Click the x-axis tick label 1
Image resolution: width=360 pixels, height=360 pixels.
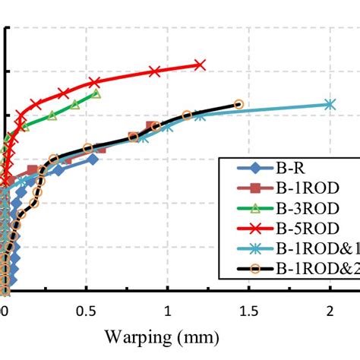(167, 311)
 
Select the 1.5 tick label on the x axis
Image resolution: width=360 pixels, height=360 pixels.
(248, 311)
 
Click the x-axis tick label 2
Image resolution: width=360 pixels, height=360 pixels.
(330, 311)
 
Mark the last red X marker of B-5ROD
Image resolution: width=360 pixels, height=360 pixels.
(200, 65)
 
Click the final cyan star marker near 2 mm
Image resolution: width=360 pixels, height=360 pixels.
(330, 104)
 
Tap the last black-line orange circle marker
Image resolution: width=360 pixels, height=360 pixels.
(238, 104)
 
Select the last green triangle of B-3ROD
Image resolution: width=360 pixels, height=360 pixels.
(96, 94)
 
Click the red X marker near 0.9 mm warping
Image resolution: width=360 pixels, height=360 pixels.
(154, 71)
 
